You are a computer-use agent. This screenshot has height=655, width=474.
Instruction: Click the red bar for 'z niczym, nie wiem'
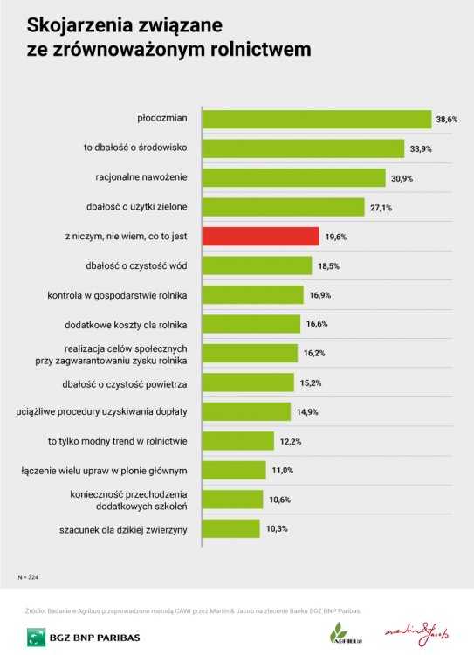point(260,236)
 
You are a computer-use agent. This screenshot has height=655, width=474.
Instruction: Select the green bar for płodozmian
point(317,119)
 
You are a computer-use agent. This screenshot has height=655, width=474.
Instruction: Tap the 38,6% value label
point(447,119)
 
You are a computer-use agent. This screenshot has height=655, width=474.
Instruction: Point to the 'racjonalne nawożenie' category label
point(148,177)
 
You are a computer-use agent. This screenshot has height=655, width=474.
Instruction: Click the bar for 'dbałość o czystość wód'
point(257,265)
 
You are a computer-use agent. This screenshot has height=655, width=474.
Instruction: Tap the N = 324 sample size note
point(28,578)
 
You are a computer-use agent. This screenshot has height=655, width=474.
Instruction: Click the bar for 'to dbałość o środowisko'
point(303,148)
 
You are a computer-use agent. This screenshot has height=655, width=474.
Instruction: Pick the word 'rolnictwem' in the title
point(263,50)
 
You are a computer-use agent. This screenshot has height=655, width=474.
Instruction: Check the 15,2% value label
point(310,383)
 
